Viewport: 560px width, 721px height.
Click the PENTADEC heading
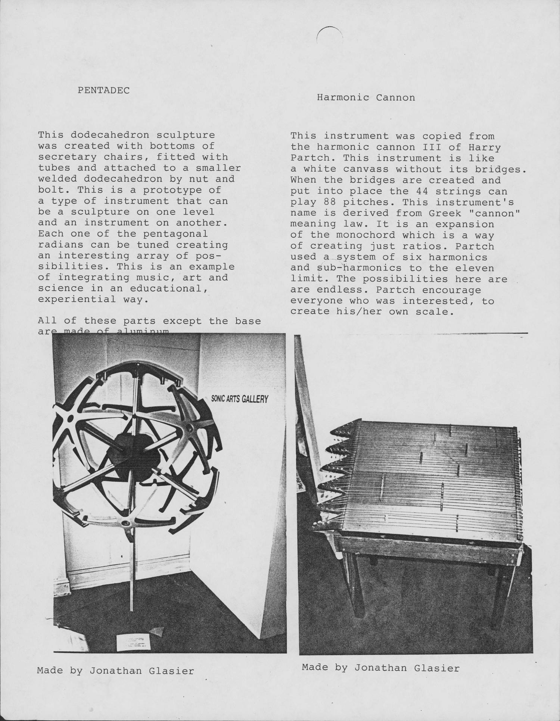[103, 90]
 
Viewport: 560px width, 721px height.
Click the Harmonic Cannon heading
[365, 98]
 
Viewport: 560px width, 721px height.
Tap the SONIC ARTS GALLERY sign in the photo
[240, 399]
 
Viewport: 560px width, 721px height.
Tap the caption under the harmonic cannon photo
[380, 668]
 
